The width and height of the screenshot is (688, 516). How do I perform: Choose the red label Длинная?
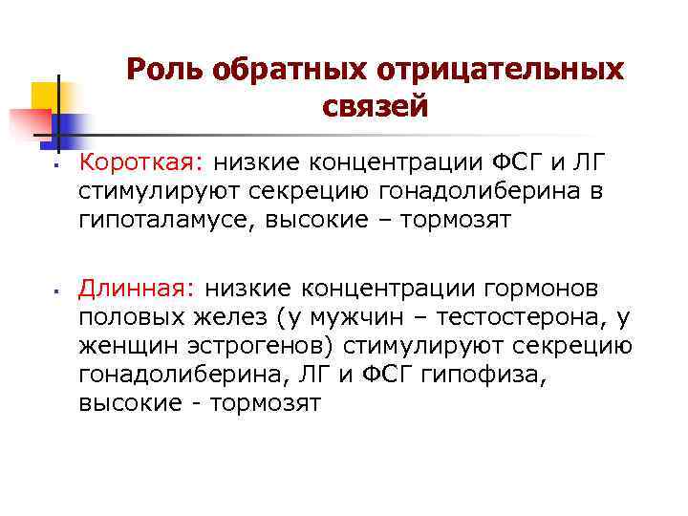point(138,288)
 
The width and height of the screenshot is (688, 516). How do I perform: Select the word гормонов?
point(541,288)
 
